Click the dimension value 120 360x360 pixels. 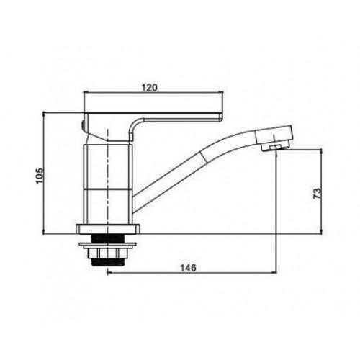point(149,87)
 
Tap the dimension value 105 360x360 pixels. point(40,175)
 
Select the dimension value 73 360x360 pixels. point(317,194)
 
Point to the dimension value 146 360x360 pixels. point(189,268)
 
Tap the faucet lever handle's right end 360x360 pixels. point(221,117)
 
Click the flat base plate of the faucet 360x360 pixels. point(108,229)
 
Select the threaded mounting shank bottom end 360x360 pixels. point(108,262)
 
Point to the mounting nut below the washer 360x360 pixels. point(108,253)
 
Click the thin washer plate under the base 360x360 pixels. point(108,245)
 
